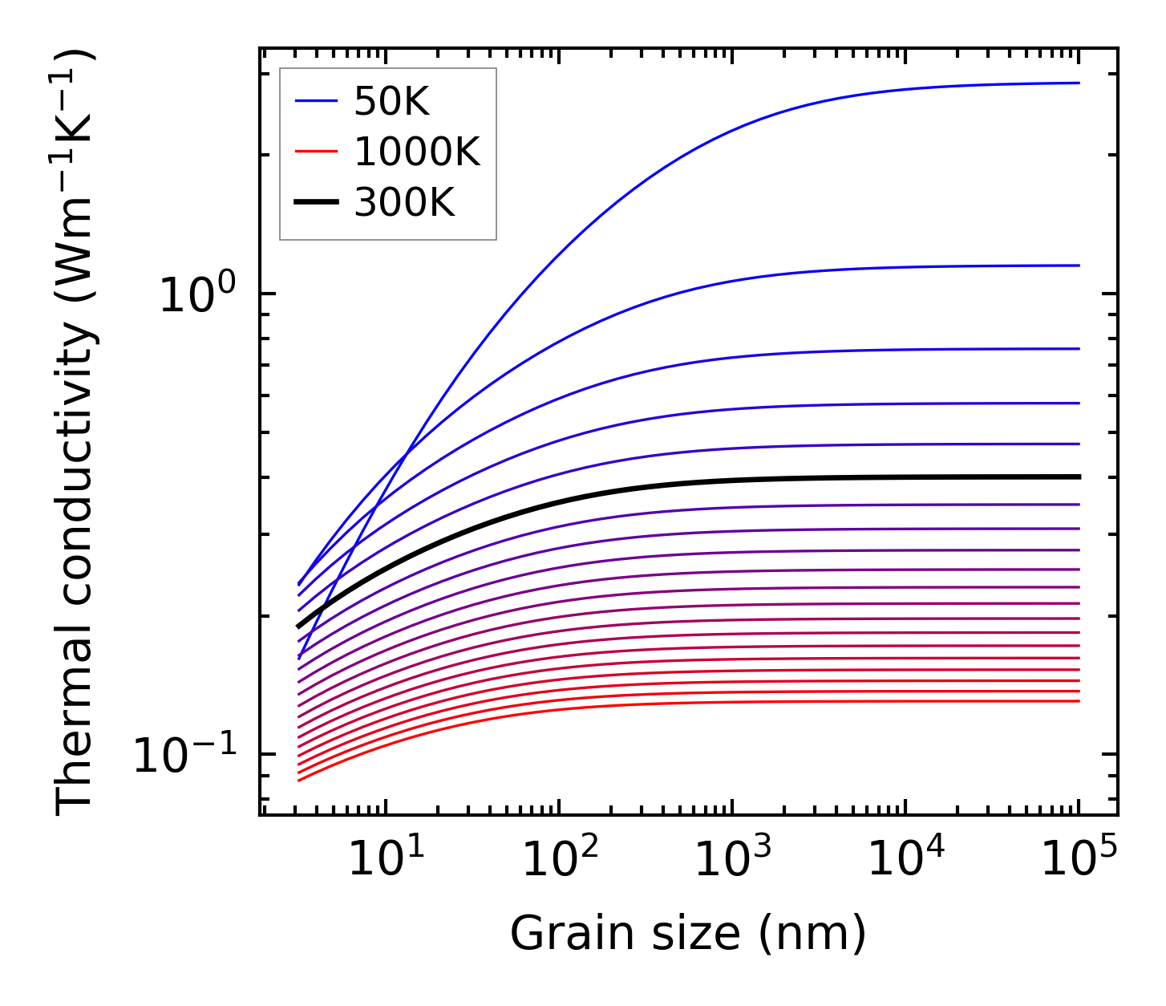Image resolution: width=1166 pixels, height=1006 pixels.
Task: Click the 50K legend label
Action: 392,102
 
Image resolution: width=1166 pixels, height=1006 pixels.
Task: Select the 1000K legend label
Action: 417,152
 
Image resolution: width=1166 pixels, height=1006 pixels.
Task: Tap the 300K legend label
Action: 404,203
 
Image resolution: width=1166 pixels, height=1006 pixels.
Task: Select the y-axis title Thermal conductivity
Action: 76,433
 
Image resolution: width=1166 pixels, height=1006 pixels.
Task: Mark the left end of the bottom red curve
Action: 299,780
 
